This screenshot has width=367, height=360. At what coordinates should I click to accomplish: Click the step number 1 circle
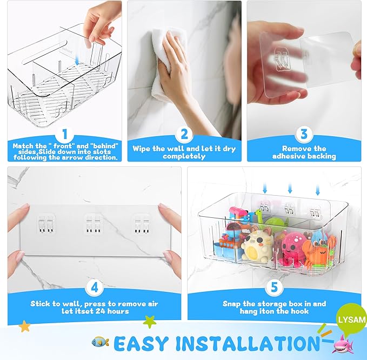point(64,134)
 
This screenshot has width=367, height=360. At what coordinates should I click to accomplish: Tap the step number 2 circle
point(184,134)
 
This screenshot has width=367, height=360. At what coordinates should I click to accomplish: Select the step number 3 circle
point(304,134)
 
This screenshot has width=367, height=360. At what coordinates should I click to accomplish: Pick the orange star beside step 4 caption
point(24,326)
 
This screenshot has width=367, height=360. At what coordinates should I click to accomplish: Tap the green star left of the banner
point(150,322)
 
